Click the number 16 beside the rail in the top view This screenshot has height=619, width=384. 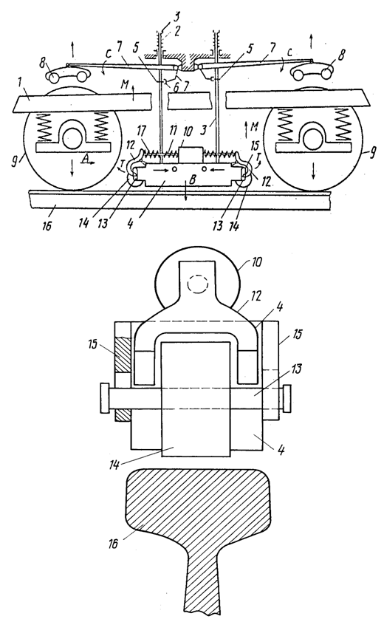click(x=47, y=227)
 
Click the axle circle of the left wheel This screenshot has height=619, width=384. click(x=72, y=138)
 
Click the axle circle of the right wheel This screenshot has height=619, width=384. click(x=313, y=138)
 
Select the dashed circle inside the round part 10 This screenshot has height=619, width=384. click(x=197, y=283)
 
